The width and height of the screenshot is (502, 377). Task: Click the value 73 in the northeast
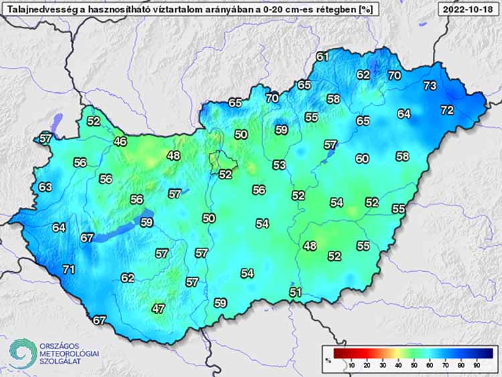point(430,86)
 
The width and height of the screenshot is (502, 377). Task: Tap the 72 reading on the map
point(447,109)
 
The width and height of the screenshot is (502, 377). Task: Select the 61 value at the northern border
point(323,57)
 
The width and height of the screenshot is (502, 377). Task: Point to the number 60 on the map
point(362,159)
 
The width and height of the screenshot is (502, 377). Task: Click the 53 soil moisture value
point(279,165)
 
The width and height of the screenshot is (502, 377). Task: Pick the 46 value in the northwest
point(120,141)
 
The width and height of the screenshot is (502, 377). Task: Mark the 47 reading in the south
point(158,309)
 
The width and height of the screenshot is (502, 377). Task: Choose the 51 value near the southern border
point(296,292)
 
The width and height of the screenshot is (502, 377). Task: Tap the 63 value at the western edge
point(45,187)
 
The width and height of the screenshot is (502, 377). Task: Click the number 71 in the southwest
point(68,270)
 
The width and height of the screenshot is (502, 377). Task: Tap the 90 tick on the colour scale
point(478,364)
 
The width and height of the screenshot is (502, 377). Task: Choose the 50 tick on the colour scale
point(414,364)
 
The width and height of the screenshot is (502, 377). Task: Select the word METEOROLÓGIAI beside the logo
point(69,354)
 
